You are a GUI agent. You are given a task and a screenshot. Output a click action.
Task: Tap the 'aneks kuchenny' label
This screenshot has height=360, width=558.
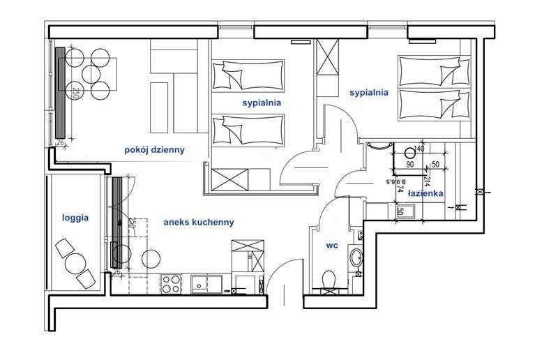(x=198, y=223)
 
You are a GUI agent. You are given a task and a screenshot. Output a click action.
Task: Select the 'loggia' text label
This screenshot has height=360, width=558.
(x=75, y=217)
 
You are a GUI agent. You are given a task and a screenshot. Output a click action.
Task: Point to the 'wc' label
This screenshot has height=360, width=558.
(x=332, y=246)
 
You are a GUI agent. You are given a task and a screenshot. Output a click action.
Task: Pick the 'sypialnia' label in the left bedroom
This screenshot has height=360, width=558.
(x=262, y=103)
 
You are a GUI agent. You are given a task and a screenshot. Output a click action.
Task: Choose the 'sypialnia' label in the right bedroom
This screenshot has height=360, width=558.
(x=369, y=91)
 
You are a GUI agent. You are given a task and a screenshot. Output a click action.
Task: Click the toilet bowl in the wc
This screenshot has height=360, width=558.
(x=331, y=280)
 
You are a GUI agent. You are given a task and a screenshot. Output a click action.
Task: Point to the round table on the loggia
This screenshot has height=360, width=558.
(x=75, y=264)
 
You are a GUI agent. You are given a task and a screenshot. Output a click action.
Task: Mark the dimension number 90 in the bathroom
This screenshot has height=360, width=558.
(x=409, y=165)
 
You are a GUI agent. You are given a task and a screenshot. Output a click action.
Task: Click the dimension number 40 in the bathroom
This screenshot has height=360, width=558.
(x=419, y=149)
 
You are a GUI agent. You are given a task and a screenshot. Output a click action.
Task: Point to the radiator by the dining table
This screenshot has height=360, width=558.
(x=61, y=92)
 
